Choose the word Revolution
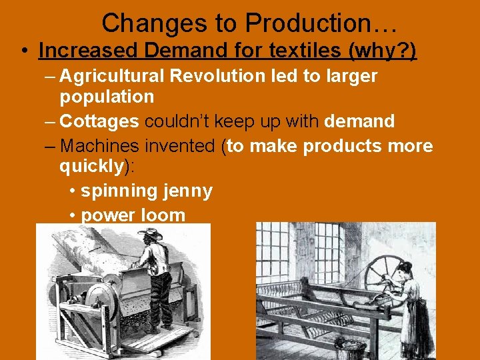[217, 76]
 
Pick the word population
[107, 97]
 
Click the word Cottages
[99, 121]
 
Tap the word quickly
[91, 166]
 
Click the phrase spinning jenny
[146, 191]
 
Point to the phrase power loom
[133, 215]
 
